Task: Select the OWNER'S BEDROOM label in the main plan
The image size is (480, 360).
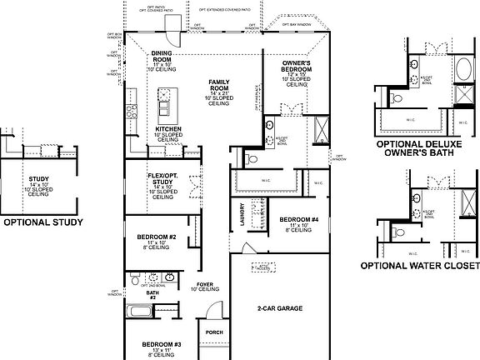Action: pos(297,63)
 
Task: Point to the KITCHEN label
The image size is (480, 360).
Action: pos(169,129)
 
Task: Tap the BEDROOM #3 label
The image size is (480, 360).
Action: pos(162,344)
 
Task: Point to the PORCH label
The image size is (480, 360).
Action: pos(215,332)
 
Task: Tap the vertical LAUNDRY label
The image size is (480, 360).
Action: pos(240,214)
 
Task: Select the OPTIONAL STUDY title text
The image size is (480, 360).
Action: pos(43,222)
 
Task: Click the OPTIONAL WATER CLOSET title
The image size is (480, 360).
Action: pos(419,266)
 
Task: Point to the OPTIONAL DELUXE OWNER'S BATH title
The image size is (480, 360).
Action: pos(419,147)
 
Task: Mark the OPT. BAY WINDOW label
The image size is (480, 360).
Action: pos(297,24)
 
